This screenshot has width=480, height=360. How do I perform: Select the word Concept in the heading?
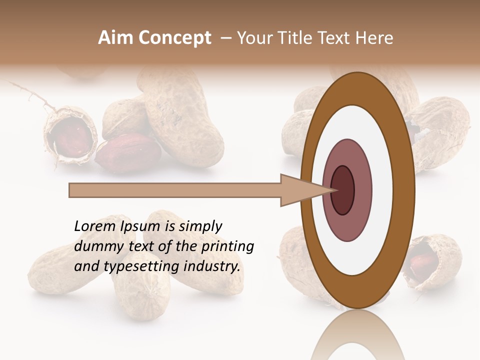click(174, 38)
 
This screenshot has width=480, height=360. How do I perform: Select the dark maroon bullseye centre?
click(342, 190)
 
